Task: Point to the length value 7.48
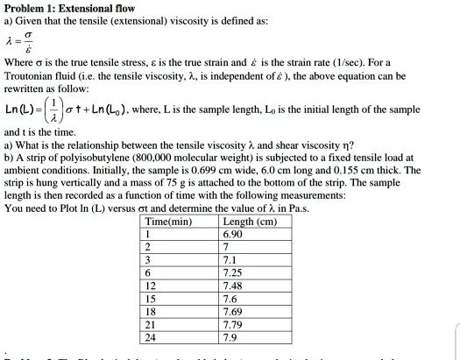tap(235, 286)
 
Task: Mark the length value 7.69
tap(235, 312)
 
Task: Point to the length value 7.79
tap(235, 324)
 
